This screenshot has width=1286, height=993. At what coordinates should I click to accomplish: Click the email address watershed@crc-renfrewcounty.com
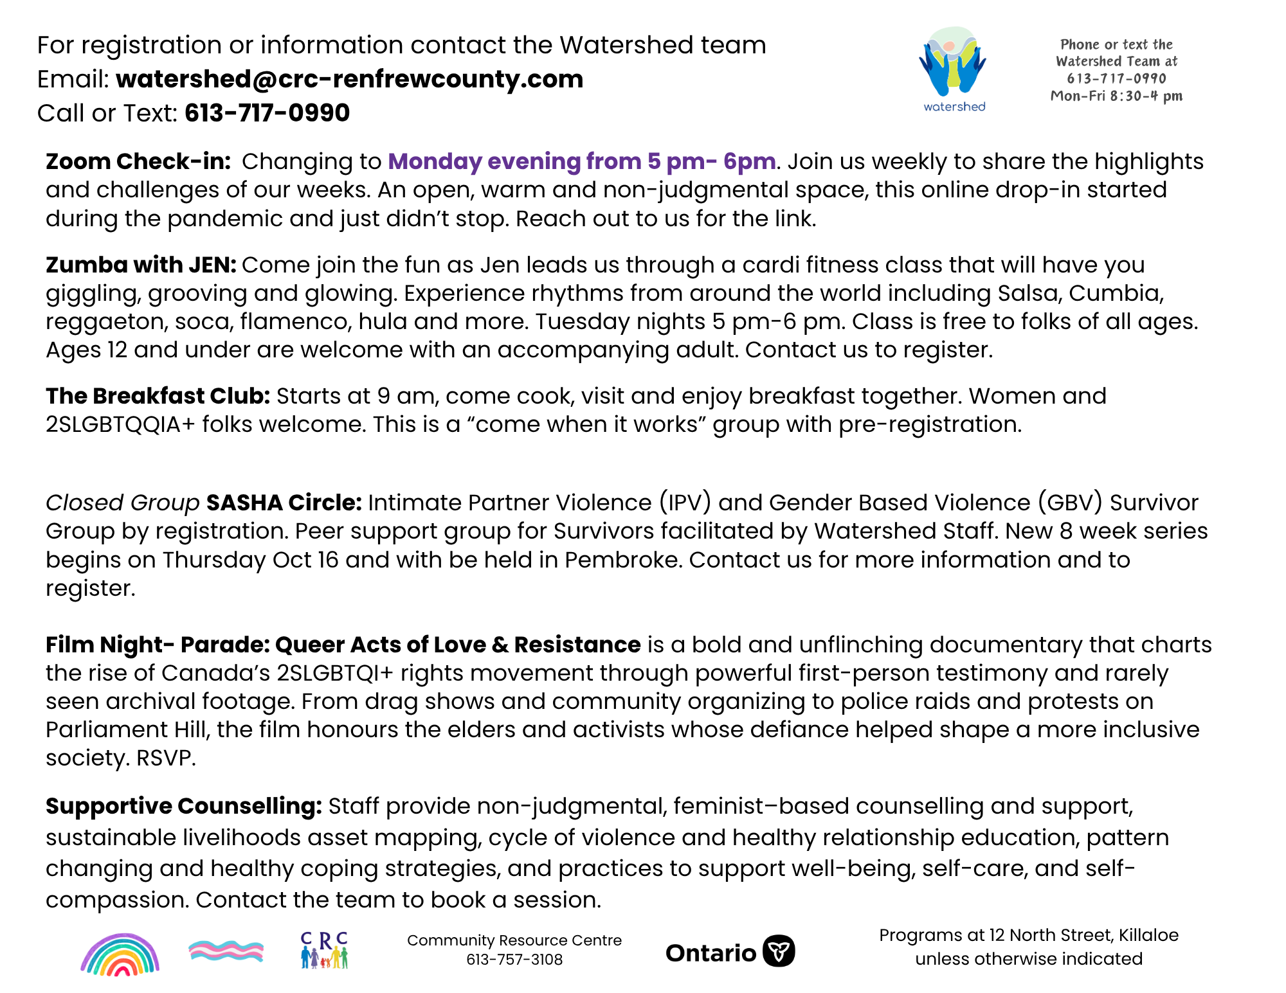click(349, 79)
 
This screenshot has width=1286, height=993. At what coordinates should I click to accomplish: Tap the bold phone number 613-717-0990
click(267, 113)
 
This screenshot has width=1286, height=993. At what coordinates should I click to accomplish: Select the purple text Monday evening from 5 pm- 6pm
click(581, 161)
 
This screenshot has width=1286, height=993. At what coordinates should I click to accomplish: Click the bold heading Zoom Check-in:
click(138, 161)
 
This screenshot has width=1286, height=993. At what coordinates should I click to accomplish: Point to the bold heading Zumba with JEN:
click(141, 265)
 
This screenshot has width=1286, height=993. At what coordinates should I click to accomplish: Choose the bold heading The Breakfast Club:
click(158, 396)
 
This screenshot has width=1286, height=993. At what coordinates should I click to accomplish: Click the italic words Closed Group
click(122, 503)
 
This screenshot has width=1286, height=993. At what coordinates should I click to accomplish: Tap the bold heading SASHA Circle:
click(284, 503)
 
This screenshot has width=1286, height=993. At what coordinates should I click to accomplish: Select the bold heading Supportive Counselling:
click(183, 806)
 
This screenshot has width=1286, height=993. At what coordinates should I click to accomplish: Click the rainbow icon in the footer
click(120, 954)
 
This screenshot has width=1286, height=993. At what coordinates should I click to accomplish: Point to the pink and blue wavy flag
click(226, 951)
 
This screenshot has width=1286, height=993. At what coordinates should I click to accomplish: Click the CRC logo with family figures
click(324, 951)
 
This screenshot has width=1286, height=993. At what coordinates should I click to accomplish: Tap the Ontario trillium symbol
click(779, 951)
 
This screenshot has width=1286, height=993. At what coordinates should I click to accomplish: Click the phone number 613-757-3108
click(514, 960)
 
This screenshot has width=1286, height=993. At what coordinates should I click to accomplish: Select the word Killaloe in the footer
click(1148, 935)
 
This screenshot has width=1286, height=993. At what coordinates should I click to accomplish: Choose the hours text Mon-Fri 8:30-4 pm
click(1116, 96)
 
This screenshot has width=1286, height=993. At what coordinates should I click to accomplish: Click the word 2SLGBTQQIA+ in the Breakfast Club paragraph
click(120, 425)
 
